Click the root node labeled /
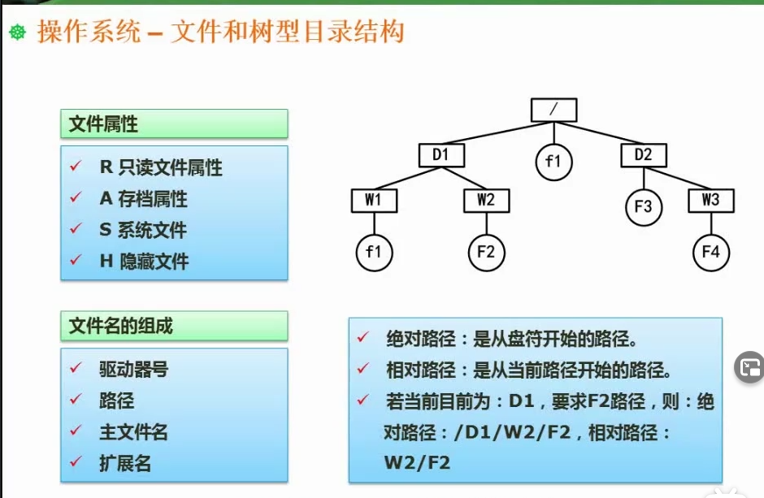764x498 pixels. point(553,110)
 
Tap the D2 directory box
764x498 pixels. point(643,154)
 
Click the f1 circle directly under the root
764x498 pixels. point(553,161)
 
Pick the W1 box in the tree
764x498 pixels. point(374,200)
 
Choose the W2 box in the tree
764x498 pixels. point(486,200)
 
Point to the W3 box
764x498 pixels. point(710,200)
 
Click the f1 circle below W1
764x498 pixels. point(374,252)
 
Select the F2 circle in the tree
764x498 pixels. point(486,252)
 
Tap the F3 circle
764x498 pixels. point(643,206)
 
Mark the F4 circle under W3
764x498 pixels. point(710,252)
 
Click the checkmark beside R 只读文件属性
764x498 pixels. point(76,167)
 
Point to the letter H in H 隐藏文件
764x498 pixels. point(105,262)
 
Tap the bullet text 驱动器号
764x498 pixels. point(133,369)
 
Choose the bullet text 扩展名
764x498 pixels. point(125,464)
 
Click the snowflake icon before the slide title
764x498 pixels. point(18,32)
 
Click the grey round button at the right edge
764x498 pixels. point(749,368)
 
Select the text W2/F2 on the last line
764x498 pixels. point(417,462)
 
